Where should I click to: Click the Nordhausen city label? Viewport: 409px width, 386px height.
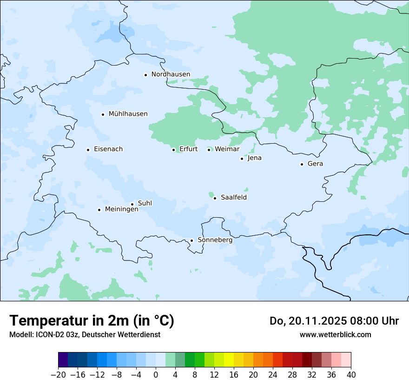tap(171, 74)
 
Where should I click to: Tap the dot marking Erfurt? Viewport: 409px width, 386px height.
tap(173, 150)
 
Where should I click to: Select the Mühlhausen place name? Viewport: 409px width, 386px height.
tap(128, 114)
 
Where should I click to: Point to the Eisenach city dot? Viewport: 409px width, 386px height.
tap(88, 150)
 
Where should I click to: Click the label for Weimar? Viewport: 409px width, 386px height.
tap(227, 149)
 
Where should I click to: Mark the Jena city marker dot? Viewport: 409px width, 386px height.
tap(242, 159)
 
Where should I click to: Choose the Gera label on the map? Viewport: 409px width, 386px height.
tap(315, 164)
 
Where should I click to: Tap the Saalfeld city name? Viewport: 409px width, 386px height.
tap(233, 198)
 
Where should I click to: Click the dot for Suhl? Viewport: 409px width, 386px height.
tap(132, 204)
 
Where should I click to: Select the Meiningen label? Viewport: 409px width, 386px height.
tap(121, 209)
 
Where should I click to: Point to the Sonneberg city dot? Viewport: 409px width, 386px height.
tap(191, 240)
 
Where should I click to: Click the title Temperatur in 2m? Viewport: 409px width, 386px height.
tap(92, 321)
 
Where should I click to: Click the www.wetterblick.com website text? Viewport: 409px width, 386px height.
tap(335, 334)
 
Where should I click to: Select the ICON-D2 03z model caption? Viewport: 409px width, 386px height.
tap(84, 334)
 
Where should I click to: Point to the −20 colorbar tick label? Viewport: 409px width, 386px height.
tap(58, 374)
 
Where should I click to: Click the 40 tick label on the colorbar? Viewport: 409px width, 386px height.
tap(351, 374)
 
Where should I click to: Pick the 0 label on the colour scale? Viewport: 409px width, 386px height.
tap(156, 374)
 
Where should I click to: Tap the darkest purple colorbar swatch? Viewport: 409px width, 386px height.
tap(63, 360)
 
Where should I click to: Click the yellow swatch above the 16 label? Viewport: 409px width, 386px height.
tap(229, 360)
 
